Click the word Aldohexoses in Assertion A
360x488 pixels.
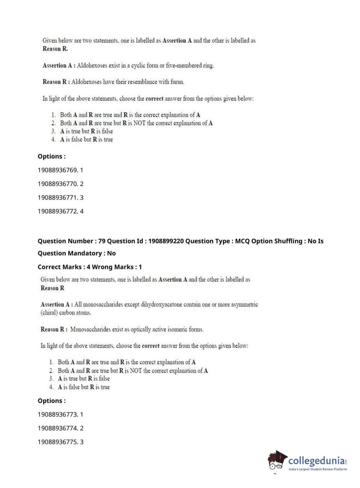[x=92, y=65]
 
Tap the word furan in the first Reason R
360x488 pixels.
[x=177, y=82]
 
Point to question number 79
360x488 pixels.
[x=102, y=241]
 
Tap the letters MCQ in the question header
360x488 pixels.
[x=242, y=241]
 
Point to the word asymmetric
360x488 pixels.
[x=244, y=304]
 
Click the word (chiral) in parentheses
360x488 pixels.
[x=49, y=313]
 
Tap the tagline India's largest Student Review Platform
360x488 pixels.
[x=318, y=469]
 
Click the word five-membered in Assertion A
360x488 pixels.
[x=183, y=65]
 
